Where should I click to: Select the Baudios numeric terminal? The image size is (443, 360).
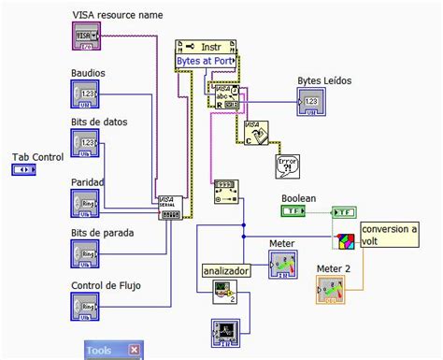click(x=87, y=94)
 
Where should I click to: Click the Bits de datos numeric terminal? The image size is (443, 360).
click(x=87, y=146)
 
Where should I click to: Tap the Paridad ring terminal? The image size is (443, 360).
click(x=87, y=203)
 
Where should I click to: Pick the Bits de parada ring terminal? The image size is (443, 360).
click(x=87, y=253)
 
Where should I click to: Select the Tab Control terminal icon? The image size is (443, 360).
click(x=23, y=170)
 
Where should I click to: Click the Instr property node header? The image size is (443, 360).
click(x=206, y=46)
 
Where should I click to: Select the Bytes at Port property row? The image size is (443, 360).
click(x=206, y=61)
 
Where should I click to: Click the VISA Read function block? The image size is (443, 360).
click(x=224, y=97)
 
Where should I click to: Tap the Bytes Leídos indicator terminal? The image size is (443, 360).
click(x=313, y=102)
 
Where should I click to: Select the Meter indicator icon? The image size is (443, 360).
click(x=283, y=266)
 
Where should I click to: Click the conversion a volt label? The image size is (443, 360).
click(x=390, y=236)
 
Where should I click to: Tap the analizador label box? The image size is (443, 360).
click(x=227, y=271)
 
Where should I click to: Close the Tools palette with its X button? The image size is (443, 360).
click(x=135, y=351)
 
